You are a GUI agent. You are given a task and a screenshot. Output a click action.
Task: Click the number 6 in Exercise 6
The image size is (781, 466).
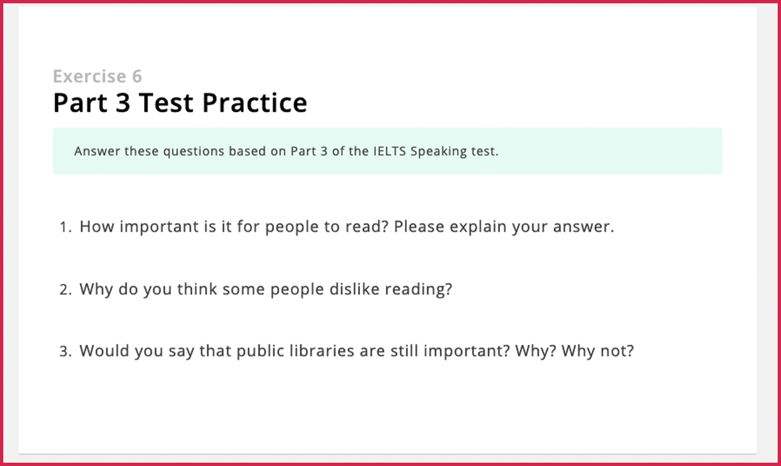coord(137,76)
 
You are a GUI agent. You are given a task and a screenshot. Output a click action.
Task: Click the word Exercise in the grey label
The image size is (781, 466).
coord(90,76)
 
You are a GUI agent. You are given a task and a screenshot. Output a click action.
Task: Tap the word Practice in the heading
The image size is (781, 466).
coord(255,103)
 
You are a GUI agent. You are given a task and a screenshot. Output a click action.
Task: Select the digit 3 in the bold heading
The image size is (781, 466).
coord(123,103)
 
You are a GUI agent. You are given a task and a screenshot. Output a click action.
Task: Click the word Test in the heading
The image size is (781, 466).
coord(166,103)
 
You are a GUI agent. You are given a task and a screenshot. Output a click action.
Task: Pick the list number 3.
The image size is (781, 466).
coord(66,351)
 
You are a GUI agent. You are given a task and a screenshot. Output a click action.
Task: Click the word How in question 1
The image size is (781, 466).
coord(97,227)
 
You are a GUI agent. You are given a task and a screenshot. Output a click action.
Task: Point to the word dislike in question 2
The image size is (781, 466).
coord(355,289)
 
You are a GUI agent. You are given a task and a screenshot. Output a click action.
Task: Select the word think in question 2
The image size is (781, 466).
coord(197,289)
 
